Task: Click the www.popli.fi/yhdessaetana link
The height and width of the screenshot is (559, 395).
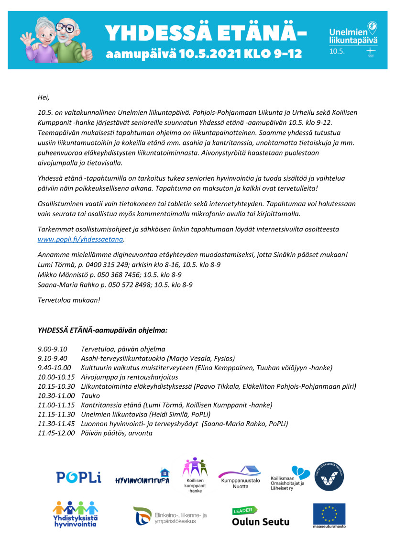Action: pyautogui.click(x=80, y=239)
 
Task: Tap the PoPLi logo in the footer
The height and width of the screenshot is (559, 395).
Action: pyautogui.click(x=78, y=477)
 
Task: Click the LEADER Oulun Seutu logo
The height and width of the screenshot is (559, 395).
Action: pyautogui.click(x=260, y=516)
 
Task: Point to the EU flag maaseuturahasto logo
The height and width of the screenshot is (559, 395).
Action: pyautogui.click(x=329, y=515)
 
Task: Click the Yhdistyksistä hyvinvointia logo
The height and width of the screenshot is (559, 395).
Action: pyautogui.click(x=75, y=514)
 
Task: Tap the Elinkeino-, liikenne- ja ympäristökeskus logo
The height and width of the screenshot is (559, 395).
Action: pyautogui.click(x=170, y=516)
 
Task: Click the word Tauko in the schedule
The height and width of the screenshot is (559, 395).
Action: pyautogui.click(x=90, y=395)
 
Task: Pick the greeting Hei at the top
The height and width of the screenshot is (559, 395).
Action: pyautogui.click(x=43, y=98)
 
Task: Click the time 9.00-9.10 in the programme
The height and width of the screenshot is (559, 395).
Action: pyautogui.click(x=53, y=349)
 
